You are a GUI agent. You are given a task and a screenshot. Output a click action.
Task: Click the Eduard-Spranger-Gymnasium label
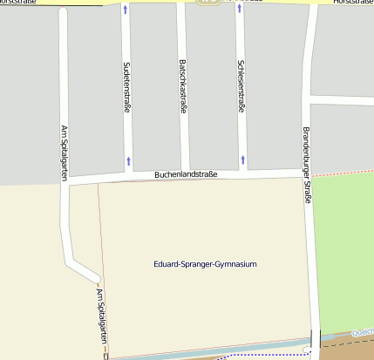(205, 264)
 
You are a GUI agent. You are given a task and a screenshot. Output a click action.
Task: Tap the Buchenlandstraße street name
(186, 174)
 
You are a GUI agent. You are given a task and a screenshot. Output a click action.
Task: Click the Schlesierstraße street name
(241, 85)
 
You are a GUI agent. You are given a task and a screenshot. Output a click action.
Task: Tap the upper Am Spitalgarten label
(64, 152)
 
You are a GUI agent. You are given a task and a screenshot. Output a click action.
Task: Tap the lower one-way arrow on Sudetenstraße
(129, 160)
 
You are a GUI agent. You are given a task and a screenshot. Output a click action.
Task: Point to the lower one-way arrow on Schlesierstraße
(241, 160)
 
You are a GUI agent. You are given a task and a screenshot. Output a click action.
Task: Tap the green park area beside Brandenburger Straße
(344, 244)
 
